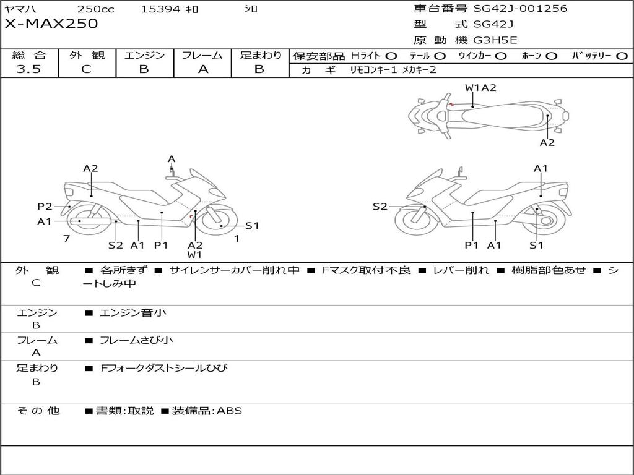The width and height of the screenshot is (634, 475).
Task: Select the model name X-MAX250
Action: tap(51, 24)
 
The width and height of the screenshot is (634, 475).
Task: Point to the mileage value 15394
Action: tap(160, 9)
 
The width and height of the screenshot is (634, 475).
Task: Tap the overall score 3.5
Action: tap(28, 69)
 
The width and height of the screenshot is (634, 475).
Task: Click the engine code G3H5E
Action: tap(495, 40)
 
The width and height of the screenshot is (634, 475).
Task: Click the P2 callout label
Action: tap(45, 207)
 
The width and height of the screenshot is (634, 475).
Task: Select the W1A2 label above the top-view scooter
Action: tap(480, 88)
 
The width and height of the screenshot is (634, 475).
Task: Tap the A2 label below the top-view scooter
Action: tap(547, 143)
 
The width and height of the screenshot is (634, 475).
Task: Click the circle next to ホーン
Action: tap(551, 56)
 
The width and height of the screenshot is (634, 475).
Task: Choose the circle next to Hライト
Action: tap(391, 56)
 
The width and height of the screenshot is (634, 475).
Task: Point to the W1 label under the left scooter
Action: tap(195, 254)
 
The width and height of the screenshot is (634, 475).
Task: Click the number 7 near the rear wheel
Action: tap(66, 238)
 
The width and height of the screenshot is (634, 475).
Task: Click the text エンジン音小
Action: tap(133, 313)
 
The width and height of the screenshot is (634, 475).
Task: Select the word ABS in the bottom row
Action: tap(229, 411)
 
